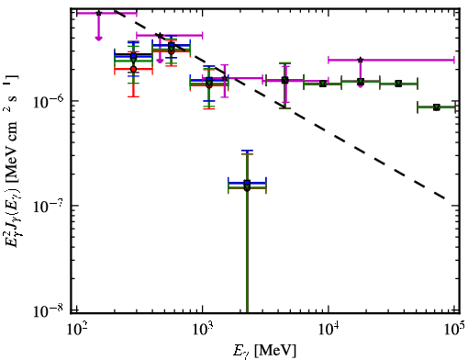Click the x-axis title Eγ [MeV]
pyautogui.click(x=264, y=351)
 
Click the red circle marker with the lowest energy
pyautogui.click(x=133, y=69)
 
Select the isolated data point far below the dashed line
pyautogui.click(x=247, y=185)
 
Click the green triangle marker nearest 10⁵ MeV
pyautogui.click(x=437, y=107)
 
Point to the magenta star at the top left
pyautogui.click(x=98, y=13)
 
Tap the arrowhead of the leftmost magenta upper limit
pyautogui.click(x=98, y=39)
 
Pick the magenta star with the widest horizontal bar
pyautogui.click(x=361, y=60)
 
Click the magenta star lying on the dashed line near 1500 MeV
pyautogui.click(x=225, y=78)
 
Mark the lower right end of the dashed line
pyautogui.click(x=444, y=198)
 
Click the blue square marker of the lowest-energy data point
pyautogui.click(x=133, y=56)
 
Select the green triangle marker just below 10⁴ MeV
pyautogui.click(x=323, y=84)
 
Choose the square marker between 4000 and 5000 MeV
pyautogui.click(x=285, y=80)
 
